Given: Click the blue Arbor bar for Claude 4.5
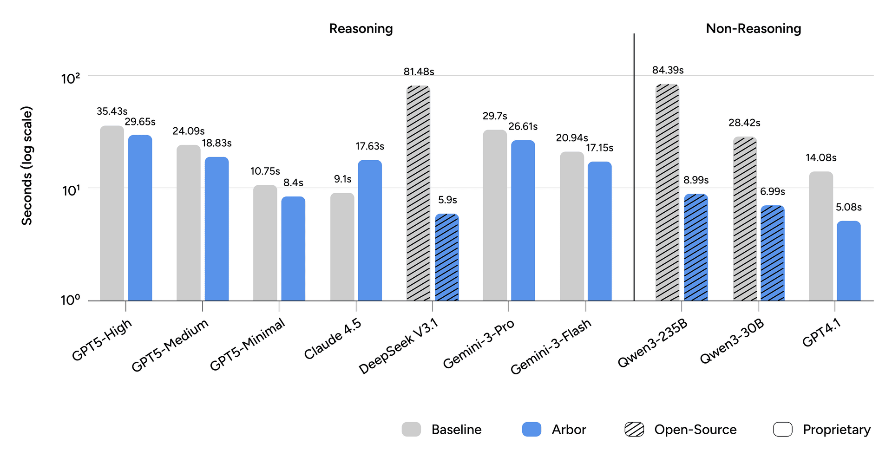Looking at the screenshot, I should pos(370,230).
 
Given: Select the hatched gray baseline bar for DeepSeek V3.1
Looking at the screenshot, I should pos(418,193).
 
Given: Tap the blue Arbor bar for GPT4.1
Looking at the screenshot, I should pos(848,261).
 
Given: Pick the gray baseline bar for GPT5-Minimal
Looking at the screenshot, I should pos(265,243).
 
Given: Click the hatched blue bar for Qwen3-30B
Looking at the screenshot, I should pos(772,253).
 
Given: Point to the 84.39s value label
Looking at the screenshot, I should pos(668,70).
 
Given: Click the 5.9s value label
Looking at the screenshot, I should pos(447,200).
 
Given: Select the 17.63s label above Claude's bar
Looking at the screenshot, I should pos(370,146).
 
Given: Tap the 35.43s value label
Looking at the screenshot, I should pos(112,111).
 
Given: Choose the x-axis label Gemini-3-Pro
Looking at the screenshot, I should pos(479,344).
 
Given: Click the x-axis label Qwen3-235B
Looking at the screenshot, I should pos(652,344).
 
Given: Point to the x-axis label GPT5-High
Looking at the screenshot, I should pos(102,340).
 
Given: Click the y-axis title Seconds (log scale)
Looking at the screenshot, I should pos(27,166).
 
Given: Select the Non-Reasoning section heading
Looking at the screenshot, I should pos(753,29).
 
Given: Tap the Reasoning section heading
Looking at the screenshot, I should pos(361,29).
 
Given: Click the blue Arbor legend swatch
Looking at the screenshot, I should pos(531,430).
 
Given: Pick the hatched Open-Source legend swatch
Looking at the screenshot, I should pos(634,430).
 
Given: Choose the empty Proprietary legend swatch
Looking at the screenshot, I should pos(782,430).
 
